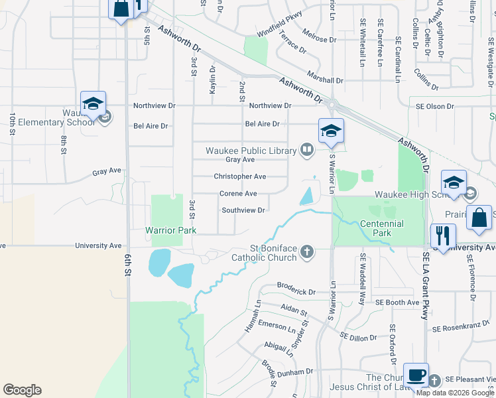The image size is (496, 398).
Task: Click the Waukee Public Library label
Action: coord(250,151)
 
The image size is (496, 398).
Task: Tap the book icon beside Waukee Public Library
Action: coord(306,150)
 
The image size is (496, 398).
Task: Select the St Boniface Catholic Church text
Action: coord(263,256)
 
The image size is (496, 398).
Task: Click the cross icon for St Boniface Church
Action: coord(306,251)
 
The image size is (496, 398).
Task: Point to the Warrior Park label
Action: coord(171,231)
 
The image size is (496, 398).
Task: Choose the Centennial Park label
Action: coord(382,228)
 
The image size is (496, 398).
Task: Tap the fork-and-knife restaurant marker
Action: coord(442,236)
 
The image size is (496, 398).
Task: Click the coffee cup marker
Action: coord(416,375)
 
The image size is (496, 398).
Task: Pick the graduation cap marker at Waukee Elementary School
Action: coord(93,104)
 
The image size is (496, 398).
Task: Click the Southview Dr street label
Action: coord(243,210)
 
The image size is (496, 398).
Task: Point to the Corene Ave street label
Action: coord(238,194)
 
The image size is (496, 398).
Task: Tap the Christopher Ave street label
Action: coord(239,176)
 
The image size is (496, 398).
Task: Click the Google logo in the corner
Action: coord(22,390)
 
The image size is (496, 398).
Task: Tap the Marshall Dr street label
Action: coord(325,79)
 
